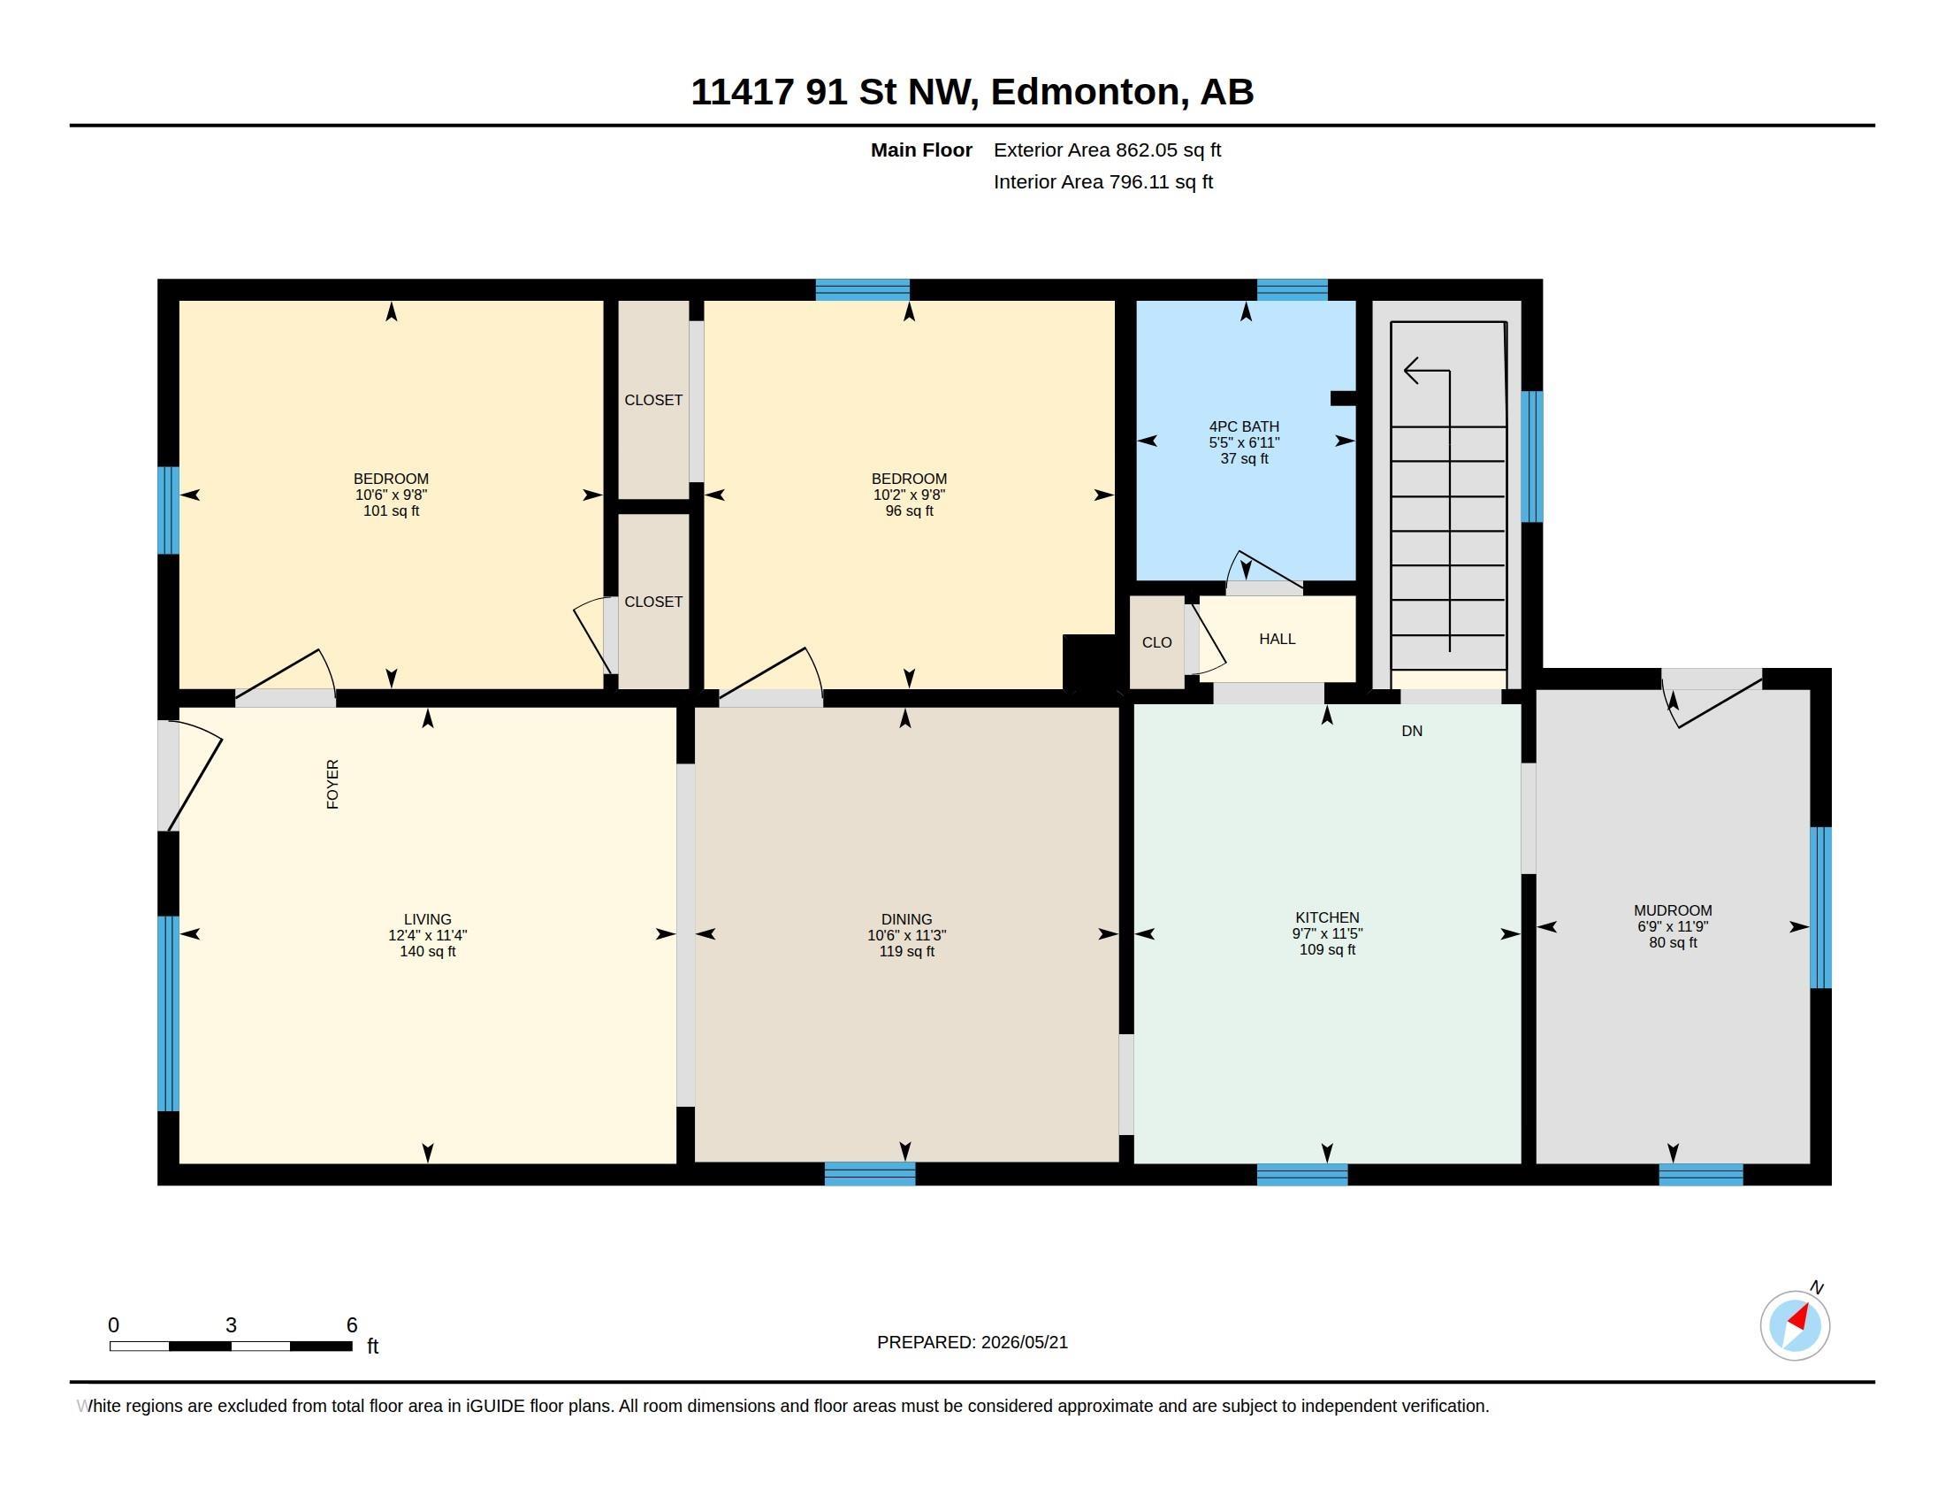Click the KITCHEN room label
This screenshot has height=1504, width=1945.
coord(1327,917)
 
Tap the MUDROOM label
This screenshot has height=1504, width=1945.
coord(1673,910)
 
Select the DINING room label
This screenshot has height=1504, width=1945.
coord(906,919)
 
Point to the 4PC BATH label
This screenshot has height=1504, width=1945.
coord(1244,426)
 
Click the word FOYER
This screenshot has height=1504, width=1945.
coord(333,784)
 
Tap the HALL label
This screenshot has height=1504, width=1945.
coord(1278,639)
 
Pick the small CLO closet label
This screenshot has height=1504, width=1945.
coord(1157,642)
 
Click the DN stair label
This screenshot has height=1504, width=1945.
coord(1412,731)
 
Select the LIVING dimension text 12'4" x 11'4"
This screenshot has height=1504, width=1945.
coord(428,935)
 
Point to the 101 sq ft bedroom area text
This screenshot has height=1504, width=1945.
coord(391,511)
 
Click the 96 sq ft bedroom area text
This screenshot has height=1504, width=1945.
coord(909,511)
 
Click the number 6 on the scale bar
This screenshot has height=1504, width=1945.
coord(352,1325)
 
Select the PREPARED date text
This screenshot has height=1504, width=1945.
coord(972,1342)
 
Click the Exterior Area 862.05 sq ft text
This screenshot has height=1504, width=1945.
coord(1107,150)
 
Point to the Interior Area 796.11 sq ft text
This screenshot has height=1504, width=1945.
coord(1102,181)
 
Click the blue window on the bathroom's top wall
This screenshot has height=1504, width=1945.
coord(1293,289)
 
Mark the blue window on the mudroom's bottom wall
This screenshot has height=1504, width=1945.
coord(1701,1174)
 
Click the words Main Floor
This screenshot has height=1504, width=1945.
coord(921,150)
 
